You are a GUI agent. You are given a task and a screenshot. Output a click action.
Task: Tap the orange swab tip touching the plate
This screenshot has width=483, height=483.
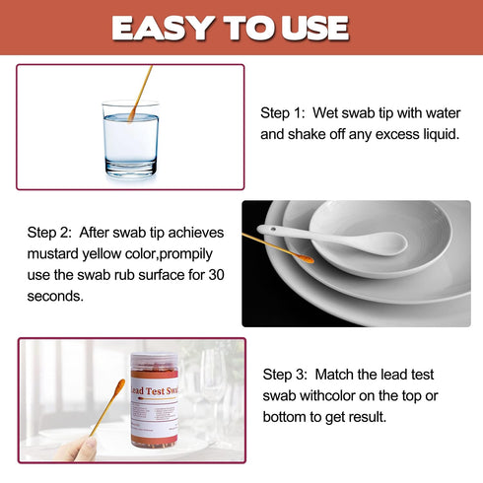tap(304, 258)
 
